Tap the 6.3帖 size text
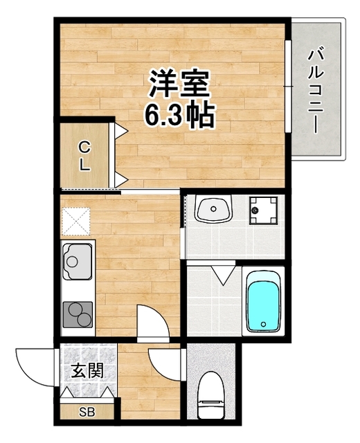pos(179,114)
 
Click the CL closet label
pos(84,156)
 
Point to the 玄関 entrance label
pos(87,371)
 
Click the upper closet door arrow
pos(120,129)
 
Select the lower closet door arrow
pos(120,180)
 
